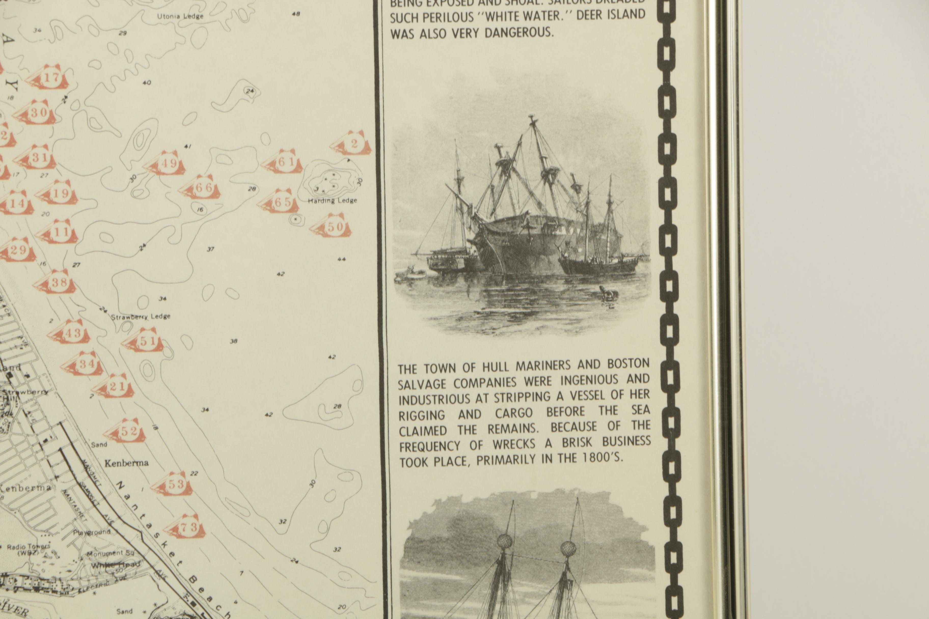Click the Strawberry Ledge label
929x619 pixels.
tap(141, 317)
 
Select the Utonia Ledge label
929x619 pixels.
tap(180, 16)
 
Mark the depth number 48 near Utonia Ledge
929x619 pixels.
tap(296, 14)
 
